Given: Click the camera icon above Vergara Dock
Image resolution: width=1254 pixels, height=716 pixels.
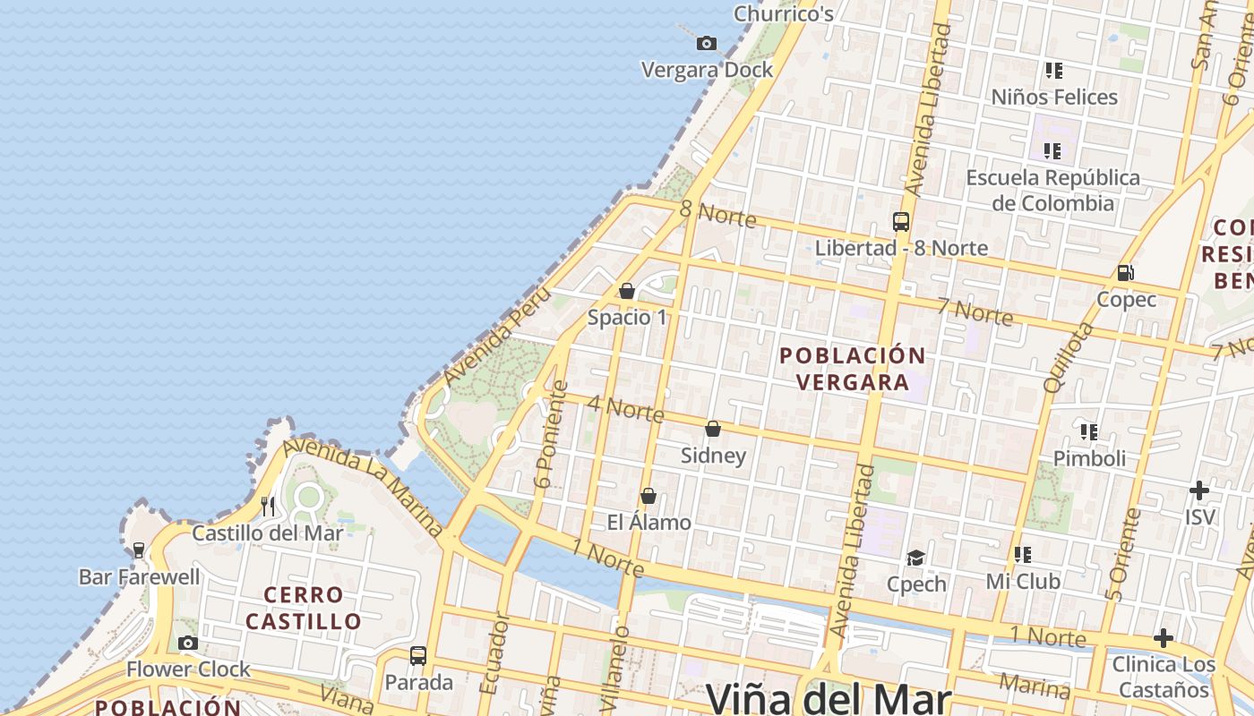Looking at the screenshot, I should tap(707, 43).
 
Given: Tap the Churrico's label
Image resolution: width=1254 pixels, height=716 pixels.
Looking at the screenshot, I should tap(784, 13).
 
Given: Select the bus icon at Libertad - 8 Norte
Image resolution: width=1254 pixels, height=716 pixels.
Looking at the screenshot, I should tap(901, 222).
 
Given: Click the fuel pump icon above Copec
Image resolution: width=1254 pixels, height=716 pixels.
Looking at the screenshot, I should tap(1125, 273).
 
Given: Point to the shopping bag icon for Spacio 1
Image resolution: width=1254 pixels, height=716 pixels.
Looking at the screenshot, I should tap(627, 291).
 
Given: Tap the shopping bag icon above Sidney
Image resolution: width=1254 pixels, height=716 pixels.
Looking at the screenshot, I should tap(713, 430).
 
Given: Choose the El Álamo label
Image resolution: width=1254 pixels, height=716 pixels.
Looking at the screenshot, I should tap(649, 523).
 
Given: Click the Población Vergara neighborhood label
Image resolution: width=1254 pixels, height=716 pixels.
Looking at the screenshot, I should tap(852, 369).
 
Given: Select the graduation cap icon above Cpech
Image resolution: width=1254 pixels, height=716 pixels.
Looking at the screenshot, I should tap(915, 558).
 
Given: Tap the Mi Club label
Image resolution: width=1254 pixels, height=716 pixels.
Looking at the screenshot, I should tap(1023, 582).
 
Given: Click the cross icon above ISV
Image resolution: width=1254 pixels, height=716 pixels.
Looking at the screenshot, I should tap(1199, 490).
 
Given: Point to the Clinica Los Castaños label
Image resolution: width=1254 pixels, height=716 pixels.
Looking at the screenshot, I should tap(1164, 677).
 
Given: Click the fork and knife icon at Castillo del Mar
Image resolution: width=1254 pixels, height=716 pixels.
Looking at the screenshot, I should tap(268, 507).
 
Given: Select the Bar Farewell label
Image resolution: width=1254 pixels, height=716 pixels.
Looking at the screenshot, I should tap(140, 577).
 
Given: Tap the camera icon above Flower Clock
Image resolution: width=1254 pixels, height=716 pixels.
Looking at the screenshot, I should tap(187, 643).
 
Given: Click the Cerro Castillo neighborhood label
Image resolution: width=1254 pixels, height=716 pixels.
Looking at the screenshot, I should tap(304, 608).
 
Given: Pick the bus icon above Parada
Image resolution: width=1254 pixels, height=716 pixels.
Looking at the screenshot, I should tap(418, 655).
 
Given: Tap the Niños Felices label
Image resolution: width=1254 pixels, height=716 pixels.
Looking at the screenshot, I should tap(1054, 97).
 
